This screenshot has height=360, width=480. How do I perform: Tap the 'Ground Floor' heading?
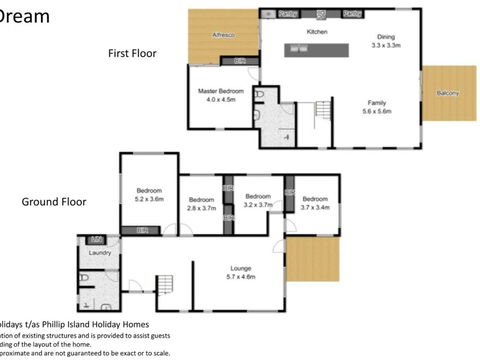(x=53, y=201)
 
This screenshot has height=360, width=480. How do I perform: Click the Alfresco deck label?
(x=222, y=36)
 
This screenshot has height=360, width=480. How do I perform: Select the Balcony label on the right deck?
(x=448, y=94)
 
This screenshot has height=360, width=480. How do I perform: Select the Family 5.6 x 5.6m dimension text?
(x=377, y=108)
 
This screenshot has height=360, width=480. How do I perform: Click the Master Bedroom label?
(x=217, y=95)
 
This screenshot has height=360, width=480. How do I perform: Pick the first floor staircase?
(x=323, y=108)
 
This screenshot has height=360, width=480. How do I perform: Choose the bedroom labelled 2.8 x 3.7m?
(x=202, y=203)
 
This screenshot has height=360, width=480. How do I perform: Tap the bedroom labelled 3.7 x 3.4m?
(x=314, y=203)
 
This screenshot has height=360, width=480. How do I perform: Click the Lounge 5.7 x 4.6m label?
(x=239, y=273)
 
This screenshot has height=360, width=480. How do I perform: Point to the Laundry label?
(x=99, y=253)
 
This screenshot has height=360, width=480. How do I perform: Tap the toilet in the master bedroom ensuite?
(x=259, y=95)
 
